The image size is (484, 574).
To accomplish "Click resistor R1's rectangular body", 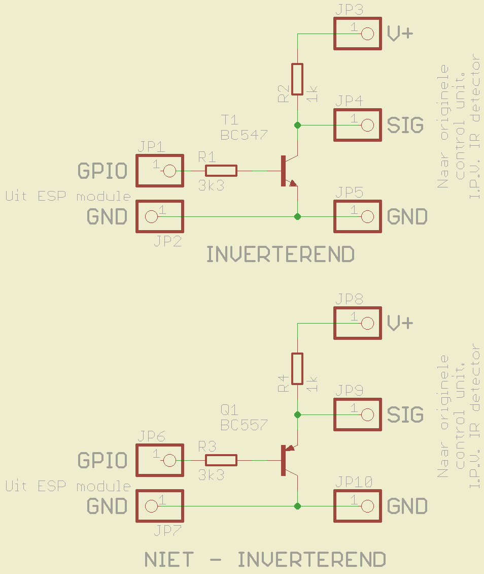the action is tap(221, 171).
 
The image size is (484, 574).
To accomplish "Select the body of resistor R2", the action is tap(297, 79).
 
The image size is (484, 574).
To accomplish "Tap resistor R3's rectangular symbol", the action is tap(221, 460).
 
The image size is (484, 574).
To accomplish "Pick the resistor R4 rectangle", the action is tap(297, 369).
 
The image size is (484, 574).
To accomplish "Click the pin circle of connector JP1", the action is tap(169, 171).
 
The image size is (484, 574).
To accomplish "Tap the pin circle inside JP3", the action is tap(367, 34).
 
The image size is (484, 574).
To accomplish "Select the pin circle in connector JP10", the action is tap(367, 506).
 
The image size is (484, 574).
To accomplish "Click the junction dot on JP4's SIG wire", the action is tap(298, 125).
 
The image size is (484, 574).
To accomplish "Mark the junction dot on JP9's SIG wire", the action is tap(298, 415).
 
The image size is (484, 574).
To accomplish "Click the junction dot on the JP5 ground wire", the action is tap(298, 217).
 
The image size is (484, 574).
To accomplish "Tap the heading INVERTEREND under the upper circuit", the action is tap(281, 254).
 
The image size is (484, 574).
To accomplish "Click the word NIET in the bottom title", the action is tap(169, 560).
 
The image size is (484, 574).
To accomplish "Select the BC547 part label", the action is tap(244, 135).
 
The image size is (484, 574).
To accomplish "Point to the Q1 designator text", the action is tap(229, 409).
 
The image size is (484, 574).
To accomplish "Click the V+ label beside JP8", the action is tap(400, 323).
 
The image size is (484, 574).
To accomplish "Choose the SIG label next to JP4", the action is tap(405, 125).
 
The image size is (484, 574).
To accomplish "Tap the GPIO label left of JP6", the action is tap(102, 460).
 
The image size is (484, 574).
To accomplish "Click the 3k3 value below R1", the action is tap(211, 185).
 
